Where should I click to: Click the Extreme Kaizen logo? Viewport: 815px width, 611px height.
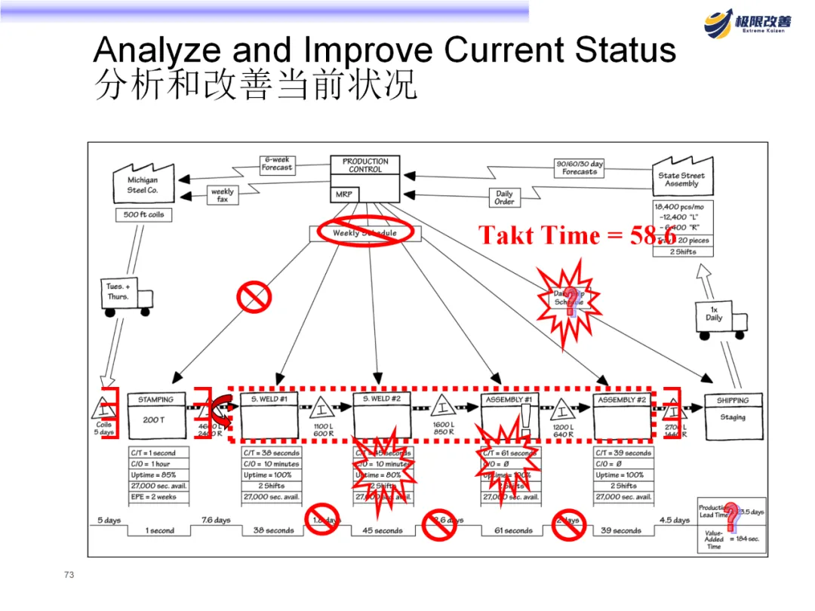coord(748,22)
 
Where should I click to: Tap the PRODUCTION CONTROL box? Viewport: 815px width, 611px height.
coord(365,165)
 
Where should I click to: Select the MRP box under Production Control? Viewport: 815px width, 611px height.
coord(344,195)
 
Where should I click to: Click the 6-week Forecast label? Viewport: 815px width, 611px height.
coord(277,164)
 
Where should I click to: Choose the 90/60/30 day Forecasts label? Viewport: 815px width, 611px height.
coord(580,167)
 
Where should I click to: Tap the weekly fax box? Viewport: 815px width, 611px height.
coord(223,195)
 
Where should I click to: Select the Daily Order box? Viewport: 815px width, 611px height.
coord(504,198)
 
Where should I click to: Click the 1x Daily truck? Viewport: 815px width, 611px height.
coord(718,317)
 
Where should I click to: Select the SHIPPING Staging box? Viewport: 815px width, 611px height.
coord(732,416)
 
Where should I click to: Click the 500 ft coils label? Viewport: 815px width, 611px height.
coord(143,215)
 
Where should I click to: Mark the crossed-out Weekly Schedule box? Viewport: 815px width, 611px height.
coord(364,233)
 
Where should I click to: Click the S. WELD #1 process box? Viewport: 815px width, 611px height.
coord(269,416)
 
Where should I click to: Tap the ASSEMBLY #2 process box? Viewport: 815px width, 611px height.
coord(622,416)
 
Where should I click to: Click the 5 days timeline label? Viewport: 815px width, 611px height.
coord(109,520)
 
